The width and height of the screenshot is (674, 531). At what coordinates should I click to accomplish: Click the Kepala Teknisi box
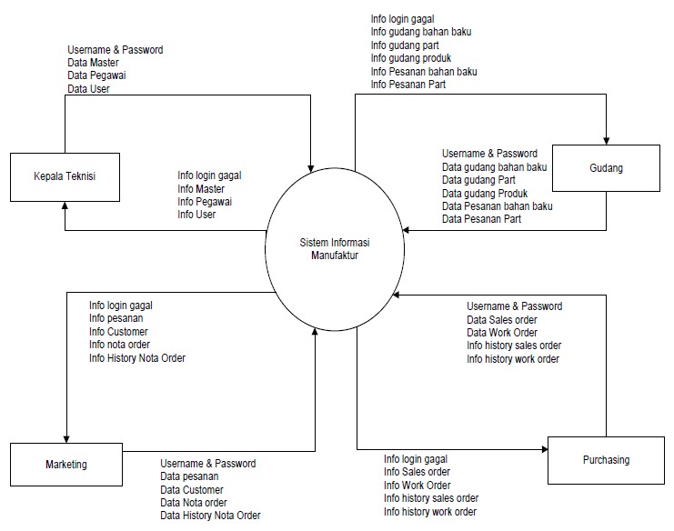[x=65, y=176]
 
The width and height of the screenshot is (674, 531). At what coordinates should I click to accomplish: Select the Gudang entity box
[x=606, y=167]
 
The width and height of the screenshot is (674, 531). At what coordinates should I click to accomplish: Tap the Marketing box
[x=65, y=465]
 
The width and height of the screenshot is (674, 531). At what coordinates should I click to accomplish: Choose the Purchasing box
[x=605, y=460]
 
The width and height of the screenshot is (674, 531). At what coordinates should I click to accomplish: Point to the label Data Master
[x=93, y=63]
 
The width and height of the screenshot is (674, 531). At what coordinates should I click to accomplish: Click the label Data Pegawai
[x=96, y=75]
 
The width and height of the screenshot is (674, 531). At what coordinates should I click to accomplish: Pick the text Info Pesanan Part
[x=407, y=85]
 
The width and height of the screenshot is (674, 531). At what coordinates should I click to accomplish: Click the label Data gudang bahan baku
[x=494, y=167]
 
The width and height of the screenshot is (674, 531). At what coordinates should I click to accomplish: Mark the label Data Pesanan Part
[x=481, y=219]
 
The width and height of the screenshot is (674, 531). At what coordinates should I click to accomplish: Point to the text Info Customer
[x=118, y=332]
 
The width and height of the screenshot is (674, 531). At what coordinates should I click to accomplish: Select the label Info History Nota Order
[x=136, y=358]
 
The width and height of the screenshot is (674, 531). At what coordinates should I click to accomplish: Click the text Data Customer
[x=192, y=490]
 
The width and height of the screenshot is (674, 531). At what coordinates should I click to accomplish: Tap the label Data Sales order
[x=502, y=319]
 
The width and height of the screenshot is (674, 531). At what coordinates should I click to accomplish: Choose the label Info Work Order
[x=417, y=486]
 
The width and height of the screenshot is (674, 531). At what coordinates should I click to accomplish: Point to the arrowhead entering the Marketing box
[x=66, y=437]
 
